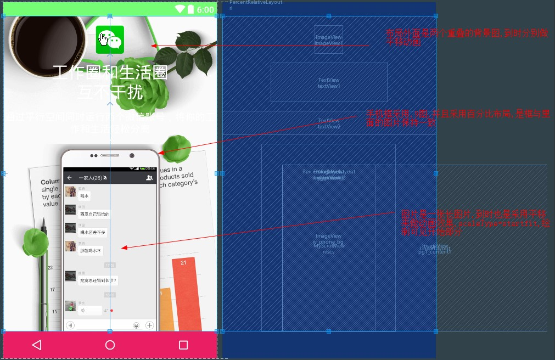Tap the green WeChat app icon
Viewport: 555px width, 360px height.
(110, 40)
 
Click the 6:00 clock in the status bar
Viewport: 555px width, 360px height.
(205, 9)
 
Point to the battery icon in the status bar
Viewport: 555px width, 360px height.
(190, 9)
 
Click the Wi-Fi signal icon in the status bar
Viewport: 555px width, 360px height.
(180, 9)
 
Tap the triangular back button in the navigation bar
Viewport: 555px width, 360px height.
(36, 345)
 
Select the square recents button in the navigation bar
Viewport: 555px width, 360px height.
(183, 345)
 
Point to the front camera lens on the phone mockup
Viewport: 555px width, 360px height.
(132, 156)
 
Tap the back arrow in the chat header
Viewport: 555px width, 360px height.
(70, 178)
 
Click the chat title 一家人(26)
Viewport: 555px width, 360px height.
(90, 178)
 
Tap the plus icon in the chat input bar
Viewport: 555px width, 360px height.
(149, 325)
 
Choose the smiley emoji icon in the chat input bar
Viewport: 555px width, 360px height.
(136, 325)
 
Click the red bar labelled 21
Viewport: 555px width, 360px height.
(184, 291)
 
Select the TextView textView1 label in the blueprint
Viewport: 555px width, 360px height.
(329, 83)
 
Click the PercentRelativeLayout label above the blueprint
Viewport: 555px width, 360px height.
(256, 3)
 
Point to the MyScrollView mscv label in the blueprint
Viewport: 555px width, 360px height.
(329, 249)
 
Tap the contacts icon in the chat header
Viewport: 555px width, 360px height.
(149, 178)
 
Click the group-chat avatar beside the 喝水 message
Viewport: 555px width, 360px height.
(70, 192)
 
